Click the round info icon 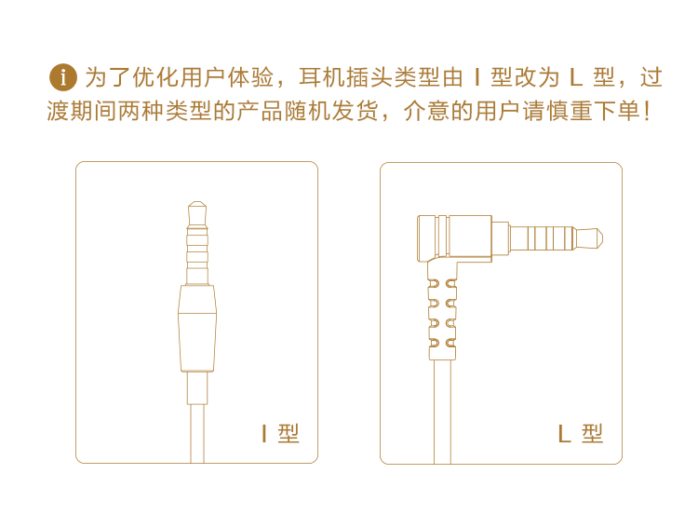(62, 77)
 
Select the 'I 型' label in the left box (280, 433)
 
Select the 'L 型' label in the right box (581, 433)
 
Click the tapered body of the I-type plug (197, 329)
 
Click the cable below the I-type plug (197, 433)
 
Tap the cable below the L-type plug (442, 412)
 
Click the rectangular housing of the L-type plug (454, 238)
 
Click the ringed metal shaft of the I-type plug (197, 255)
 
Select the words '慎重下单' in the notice (593, 111)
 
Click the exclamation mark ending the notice (647, 112)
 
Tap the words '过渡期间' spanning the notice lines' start (82, 111)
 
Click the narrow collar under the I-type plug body (197, 387)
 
